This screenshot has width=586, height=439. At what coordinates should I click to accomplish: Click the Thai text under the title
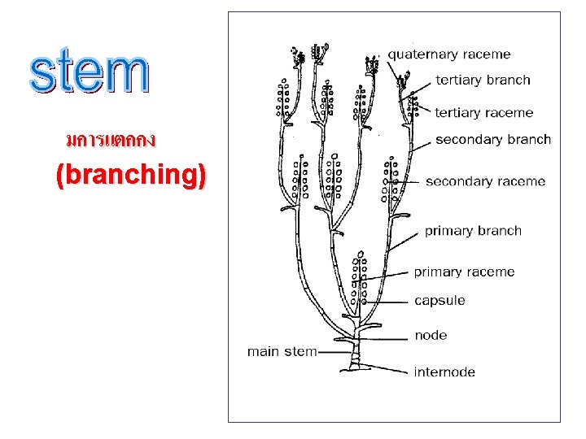pyautogui.click(x=111, y=141)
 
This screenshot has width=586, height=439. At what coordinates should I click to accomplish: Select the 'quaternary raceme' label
pyautogui.click(x=448, y=54)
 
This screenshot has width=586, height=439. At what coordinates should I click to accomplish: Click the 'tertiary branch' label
pyautogui.click(x=483, y=80)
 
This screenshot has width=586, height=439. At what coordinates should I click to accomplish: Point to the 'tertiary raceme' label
pyautogui.click(x=484, y=112)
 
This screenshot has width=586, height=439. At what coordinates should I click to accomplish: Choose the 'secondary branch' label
pyautogui.click(x=493, y=139)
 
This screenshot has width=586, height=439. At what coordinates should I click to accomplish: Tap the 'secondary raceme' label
pyautogui.click(x=485, y=180)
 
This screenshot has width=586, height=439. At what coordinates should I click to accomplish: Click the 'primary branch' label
pyautogui.click(x=473, y=230)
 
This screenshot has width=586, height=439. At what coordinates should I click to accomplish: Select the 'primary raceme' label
pyautogui.click(x=464, y=272)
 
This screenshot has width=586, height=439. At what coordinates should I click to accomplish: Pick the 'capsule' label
pyautogui.click(x=439, y=300)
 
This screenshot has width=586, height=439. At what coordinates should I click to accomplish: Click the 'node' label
pyautogui.click(x=431, y=335)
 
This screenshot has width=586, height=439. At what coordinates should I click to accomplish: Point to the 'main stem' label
pyautogui.click(x=282, y=351)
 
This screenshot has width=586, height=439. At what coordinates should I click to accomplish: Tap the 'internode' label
pyautogui.click(x=444, y=372)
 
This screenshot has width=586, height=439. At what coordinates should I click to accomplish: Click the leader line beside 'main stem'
pyautogui.click(x=334, y=352)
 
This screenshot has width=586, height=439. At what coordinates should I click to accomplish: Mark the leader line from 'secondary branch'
pyautogui.click(x=419, y=146)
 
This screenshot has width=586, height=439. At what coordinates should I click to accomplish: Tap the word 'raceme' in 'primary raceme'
pyautogui.click(x=491, y=272)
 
